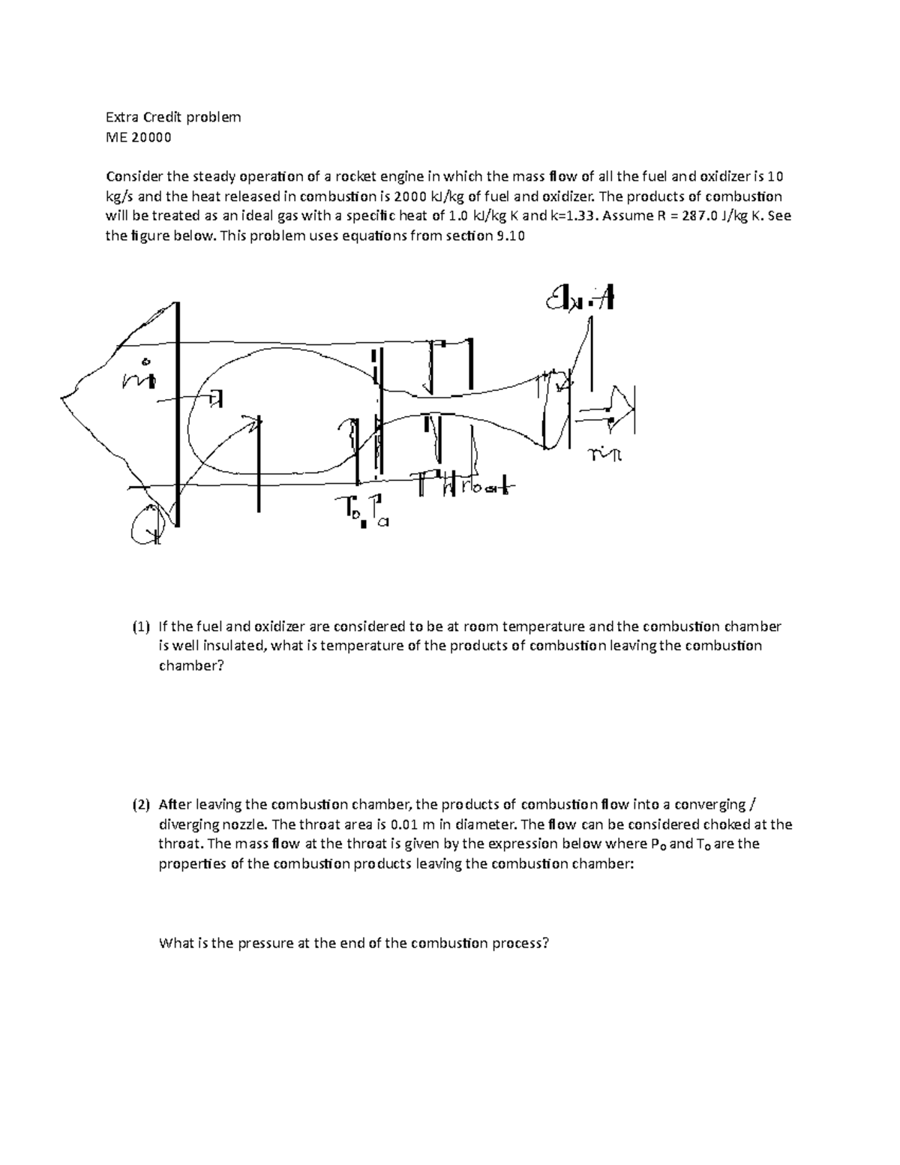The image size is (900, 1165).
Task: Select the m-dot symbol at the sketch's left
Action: [x=138, y=379]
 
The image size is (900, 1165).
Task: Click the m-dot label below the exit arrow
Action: [x=607, y=455]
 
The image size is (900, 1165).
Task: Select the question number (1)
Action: [x=141, y=626]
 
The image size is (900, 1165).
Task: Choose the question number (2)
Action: [x=141, y=805]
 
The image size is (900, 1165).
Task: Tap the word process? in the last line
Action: [x=521, y=943]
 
